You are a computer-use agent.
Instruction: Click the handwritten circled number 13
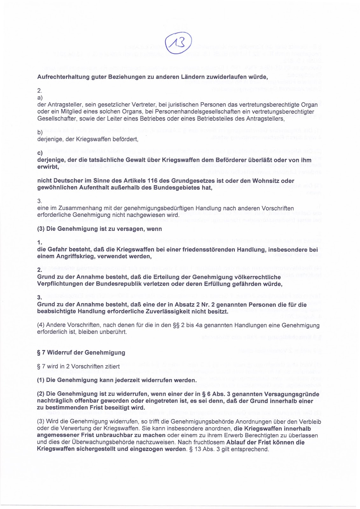tap(178, 44)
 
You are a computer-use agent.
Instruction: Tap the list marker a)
tap(40, 98)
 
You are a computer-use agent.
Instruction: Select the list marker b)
tap(40, 132)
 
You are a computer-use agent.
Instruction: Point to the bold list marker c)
tap(40, 153)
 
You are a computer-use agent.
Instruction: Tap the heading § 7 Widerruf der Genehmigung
tap(81, 352)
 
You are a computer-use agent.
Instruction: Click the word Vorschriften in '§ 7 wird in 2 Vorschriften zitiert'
tap(91, 366)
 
